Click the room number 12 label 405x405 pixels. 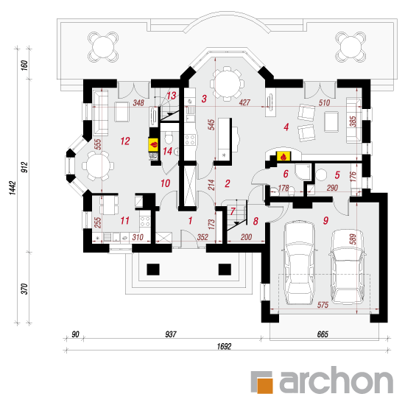[x=125, y=141]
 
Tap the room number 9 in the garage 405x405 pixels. [x=325, y=220]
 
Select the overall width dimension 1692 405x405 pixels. [x=224, y=346]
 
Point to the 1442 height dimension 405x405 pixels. [x=13, y=188]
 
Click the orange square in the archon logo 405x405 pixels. [x=265, y=386]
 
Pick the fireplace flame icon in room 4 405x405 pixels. [x=283, y=156]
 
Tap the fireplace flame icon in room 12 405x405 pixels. [x=153, y=144]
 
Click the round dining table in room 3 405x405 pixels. [x=228, y=84]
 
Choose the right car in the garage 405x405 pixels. [x=348, y=267]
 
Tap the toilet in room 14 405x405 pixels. [x=169, y=138]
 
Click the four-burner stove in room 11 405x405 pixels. [x=144, y=222]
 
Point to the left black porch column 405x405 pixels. [x=153, y=270]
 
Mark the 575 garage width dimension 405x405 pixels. [x=323, y=305]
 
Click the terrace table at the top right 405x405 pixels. [x=351, y=47]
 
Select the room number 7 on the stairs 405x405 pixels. [x=233, y=211]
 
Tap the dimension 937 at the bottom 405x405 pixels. [x=171, y=334]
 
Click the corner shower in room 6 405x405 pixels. [x=303, y=172]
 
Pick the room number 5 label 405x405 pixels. [x=337, y=175]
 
